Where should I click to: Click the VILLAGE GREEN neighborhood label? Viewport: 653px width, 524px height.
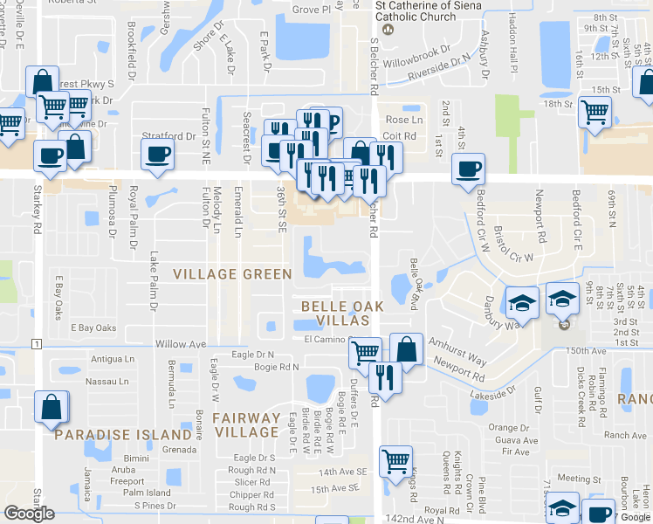tap(232, 274)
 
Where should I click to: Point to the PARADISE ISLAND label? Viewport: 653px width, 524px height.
tap(123, 435)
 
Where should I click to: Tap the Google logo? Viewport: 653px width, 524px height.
tap(29, 514)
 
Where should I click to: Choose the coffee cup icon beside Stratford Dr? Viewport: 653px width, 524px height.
tap(158, 154)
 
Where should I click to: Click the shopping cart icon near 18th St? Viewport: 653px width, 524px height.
tap(595, 111)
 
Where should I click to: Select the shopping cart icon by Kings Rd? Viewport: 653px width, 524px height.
tap(396, 459)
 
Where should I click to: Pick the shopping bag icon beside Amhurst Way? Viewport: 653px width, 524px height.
tap(406, 348)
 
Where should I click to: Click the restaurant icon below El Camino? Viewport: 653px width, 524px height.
tap(382, 376)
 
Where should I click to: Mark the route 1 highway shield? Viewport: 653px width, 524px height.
tap(36, 343)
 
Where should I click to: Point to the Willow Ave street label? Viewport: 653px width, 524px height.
tap(181, 344)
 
